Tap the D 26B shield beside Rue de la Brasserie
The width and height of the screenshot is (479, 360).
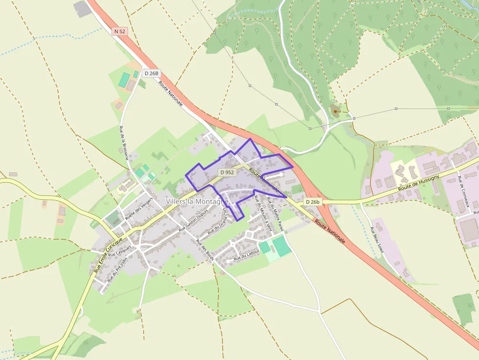coord(152,73)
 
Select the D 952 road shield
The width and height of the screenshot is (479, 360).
coord(227,172)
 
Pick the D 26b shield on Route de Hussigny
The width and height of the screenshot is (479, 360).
coord(313,202)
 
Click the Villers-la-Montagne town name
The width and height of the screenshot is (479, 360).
coord(197,202)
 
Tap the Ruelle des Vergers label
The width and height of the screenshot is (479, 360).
coord(139,211)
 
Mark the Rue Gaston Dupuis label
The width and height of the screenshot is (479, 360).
coord(194,220)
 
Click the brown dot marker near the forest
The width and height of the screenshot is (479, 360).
coord(335,111)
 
